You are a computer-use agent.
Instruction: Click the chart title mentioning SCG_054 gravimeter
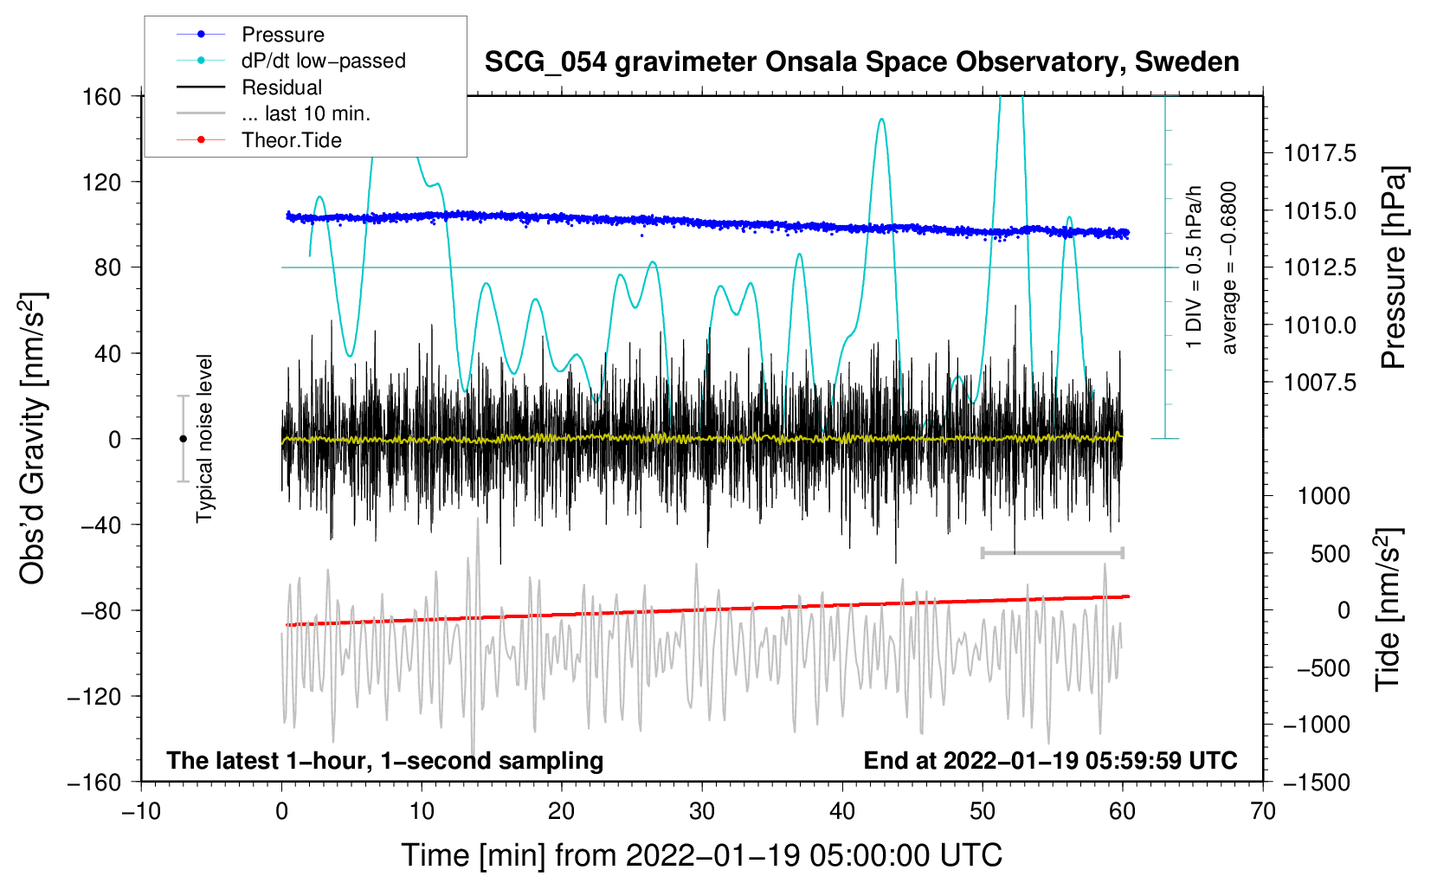click(x=861, y=62)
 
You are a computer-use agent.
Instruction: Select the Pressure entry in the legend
click(x=283, y=34)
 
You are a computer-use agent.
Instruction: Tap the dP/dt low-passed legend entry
click(x=324, y=61)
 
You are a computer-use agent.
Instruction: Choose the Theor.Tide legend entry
click(x=291, y=140)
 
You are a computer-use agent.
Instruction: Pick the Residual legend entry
click(x=281, y=87)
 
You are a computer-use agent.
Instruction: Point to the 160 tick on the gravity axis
click(x=102, y=97)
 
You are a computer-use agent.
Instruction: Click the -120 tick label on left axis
click(x=94, y=696)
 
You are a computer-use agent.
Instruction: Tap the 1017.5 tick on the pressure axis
click(x=1319, y=153)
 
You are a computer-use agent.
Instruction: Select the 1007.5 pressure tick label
click(x=1319, y=383)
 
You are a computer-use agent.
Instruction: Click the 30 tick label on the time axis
click(x=702, y=811)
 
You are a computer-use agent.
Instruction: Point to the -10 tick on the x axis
click(x=141, y=811)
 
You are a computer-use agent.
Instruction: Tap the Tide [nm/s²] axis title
click(x=1389, y=609)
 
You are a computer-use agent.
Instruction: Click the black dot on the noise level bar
click(x=183, y=439)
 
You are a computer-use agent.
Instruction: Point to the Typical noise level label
click(x=203, y=438)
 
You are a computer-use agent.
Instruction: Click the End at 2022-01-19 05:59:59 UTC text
click(x=1050, y=760)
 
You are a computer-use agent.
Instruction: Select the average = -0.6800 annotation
click(x=1228, y=267)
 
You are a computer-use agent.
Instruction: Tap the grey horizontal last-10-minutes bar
click(x=1052, y=552)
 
